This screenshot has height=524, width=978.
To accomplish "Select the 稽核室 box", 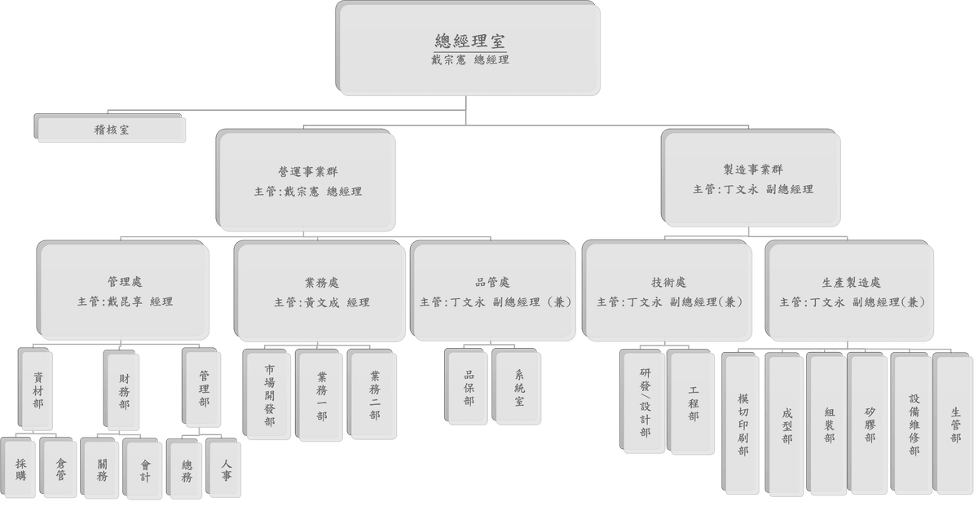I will (x=110, y=130).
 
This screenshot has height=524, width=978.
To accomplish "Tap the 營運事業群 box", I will (x=307, y=180).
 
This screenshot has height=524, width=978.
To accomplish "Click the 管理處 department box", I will (x=124, y=291).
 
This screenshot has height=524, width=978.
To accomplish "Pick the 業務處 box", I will (x=320, y=291).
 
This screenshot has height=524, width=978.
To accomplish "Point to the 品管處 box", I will (x=494, y=291).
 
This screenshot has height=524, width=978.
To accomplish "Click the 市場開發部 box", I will (x=269, y=395).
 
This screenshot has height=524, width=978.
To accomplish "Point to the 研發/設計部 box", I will (x=645, y=401).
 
